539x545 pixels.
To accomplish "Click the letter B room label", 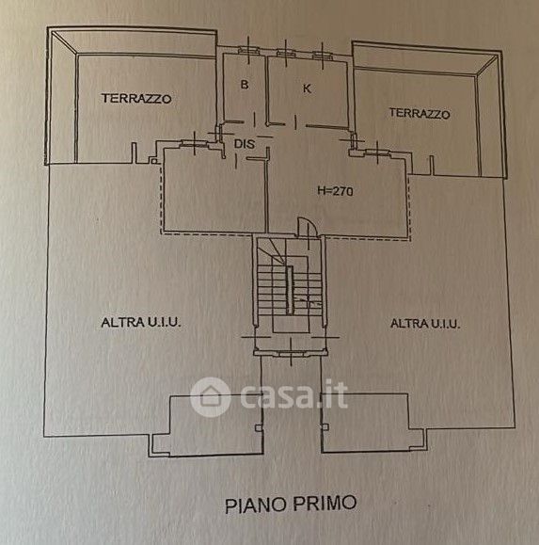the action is (245, 85).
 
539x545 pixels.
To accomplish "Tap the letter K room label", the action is (307, 88).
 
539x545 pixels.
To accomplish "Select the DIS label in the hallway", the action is (245, 144).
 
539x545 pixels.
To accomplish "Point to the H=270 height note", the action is (335, 191).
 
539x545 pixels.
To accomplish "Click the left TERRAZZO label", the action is (136, 99).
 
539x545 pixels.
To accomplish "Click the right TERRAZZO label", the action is (420, 113).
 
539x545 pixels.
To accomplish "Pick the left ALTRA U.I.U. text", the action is (141, 323).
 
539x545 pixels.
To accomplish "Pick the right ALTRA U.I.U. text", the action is (425, 324).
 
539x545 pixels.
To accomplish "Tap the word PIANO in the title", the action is (256, 505).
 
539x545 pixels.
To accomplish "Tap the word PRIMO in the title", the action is (324, 503).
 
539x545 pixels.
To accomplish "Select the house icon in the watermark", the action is (210, 396).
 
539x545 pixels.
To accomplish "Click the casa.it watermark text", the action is (293, 395).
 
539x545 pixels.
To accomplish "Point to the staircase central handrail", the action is (290, 290).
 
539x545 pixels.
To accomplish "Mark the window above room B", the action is (248, 51).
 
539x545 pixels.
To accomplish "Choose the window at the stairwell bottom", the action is (291, 354).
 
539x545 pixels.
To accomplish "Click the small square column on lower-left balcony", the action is (259, 427).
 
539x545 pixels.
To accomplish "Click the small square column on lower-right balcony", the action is (325, 426).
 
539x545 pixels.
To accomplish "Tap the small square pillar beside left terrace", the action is (153, 161).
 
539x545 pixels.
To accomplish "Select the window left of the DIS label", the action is (194, 142).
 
